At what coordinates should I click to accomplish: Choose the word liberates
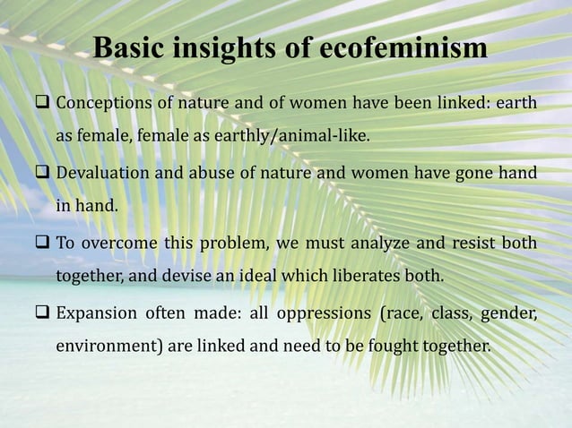(357, 275)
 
